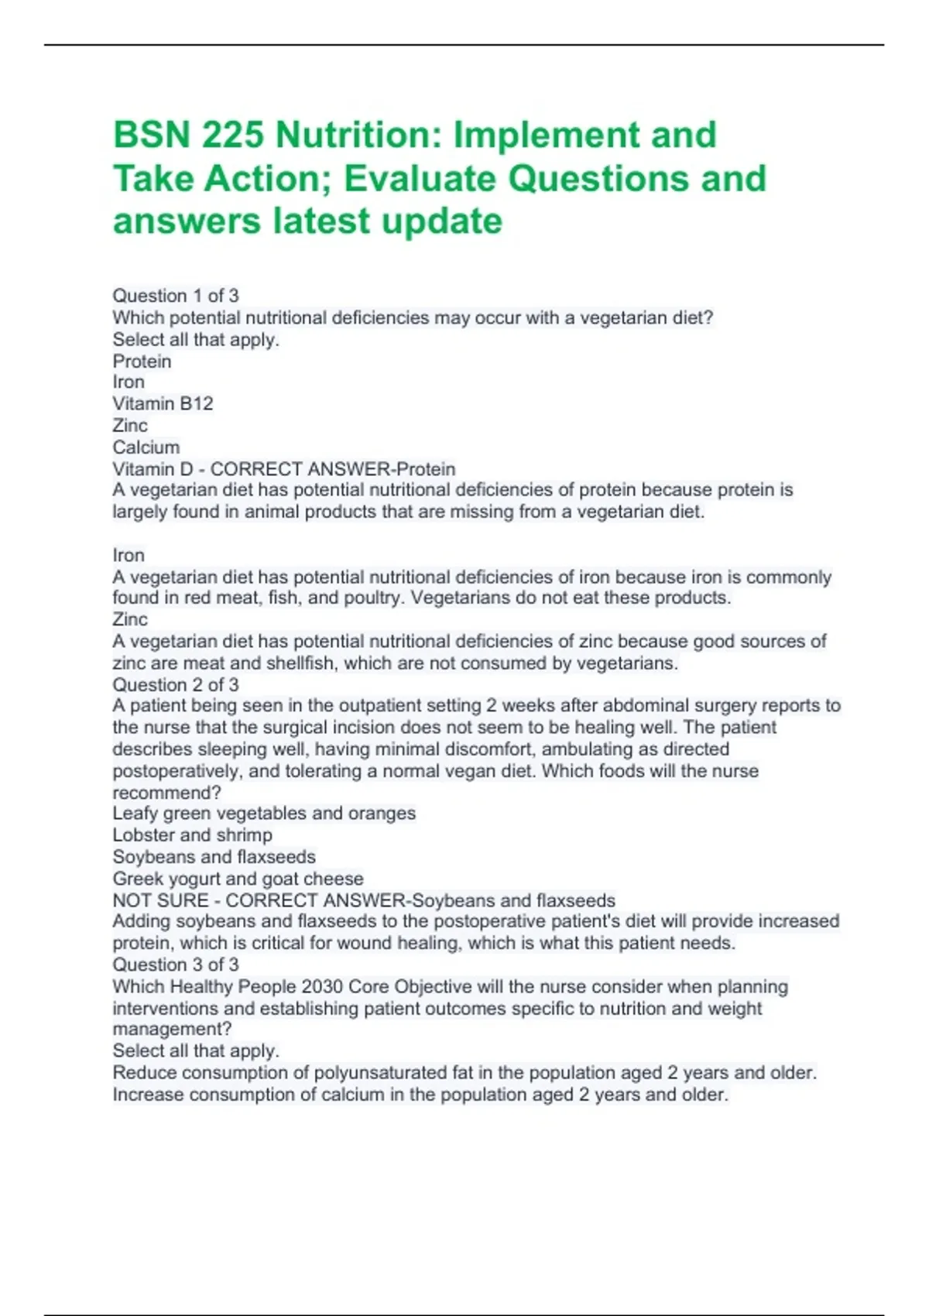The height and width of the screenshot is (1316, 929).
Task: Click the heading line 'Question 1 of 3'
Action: point(176,296)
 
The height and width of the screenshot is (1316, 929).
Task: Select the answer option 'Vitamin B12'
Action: point(163,403)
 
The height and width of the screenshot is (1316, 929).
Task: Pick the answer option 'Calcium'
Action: point(146,447)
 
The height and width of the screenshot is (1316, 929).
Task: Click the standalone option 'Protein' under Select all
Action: point(142,361)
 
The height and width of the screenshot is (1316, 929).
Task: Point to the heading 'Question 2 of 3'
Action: point(176,684)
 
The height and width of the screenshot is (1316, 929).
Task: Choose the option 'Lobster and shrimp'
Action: point(192,834)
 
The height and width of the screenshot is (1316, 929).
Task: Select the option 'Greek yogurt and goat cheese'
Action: point(238,879)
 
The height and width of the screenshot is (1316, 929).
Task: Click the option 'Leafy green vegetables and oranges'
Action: point(264,813)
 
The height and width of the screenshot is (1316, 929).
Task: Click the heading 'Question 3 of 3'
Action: point(176,965)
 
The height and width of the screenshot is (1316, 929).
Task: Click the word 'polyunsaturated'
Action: point(384,1073)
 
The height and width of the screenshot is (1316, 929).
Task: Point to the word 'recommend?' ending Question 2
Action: point(167,793)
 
